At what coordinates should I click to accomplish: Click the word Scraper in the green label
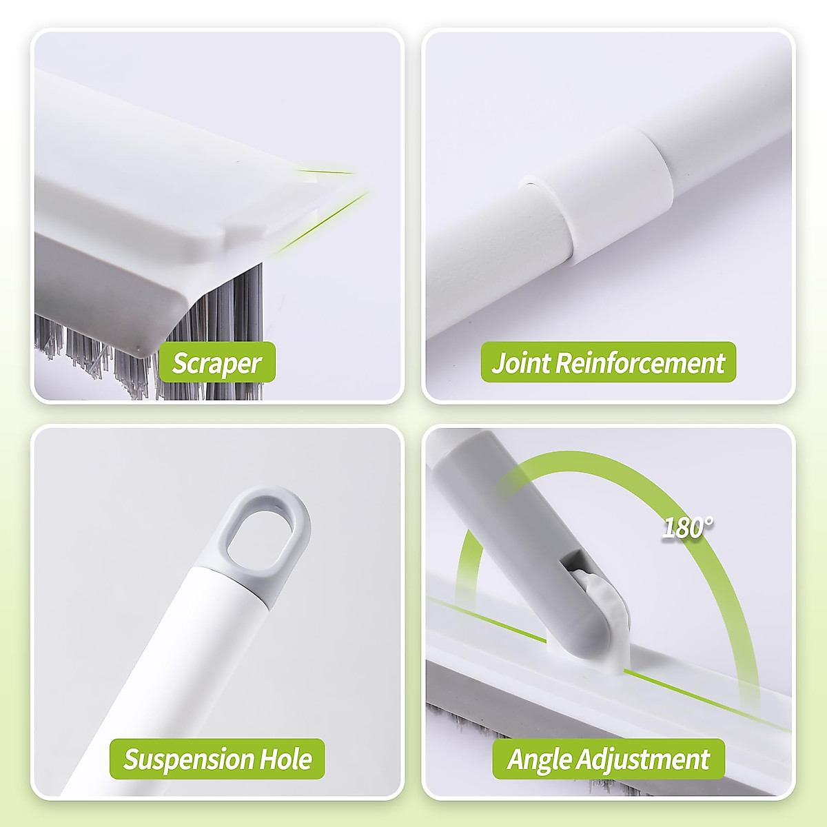pos(216,363)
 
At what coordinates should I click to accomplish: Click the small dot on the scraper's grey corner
pos(141,349)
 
